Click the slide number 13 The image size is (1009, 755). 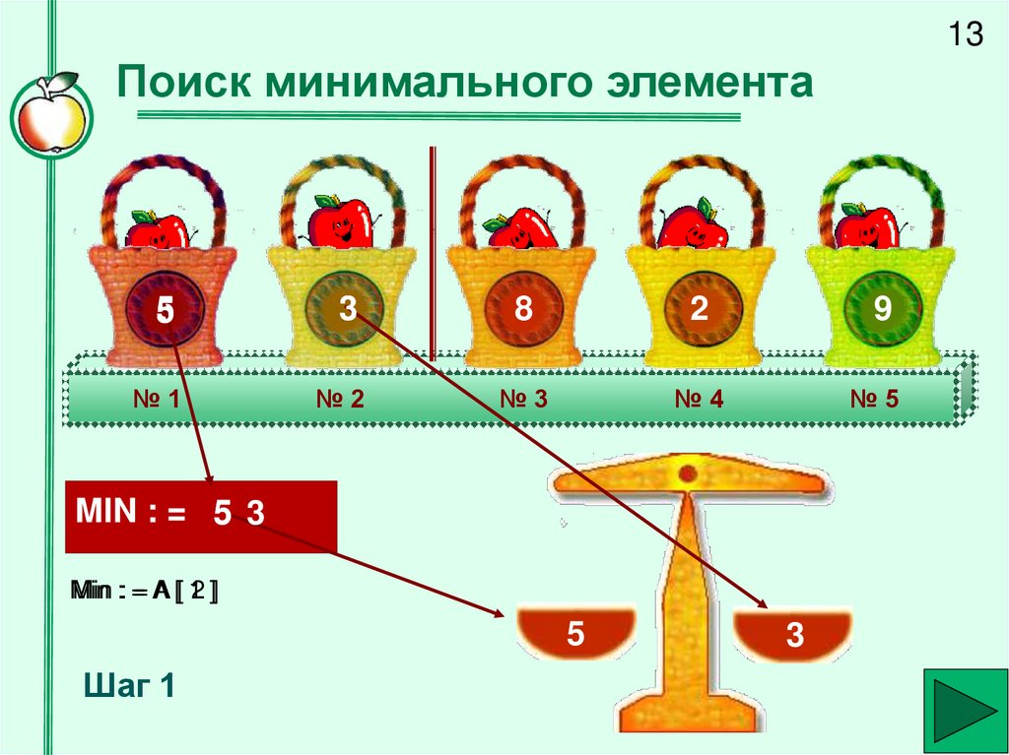pos(966,35)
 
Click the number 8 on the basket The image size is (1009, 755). pos(522,309)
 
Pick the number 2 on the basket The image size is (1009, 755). pos(700,309)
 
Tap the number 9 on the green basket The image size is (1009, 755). pos(882,310)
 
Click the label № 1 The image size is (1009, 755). pos(155,400)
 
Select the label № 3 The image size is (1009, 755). pos(523,400)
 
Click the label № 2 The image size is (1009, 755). pos(340,400)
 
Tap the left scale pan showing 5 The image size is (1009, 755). pos(576,634)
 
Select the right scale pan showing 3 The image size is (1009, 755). pos(794,636)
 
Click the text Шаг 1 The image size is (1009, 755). pos(130,685)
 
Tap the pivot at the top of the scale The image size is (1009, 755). pos(687,473)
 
